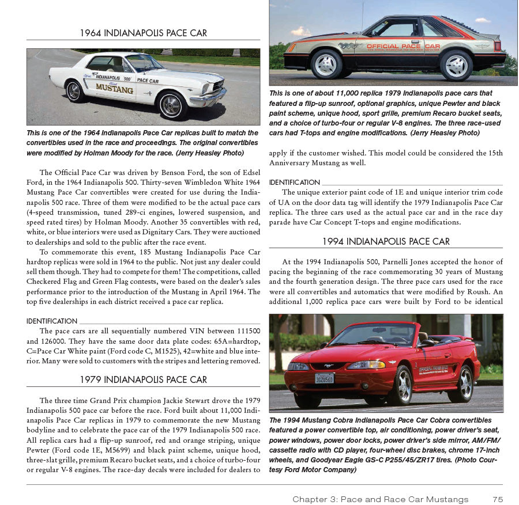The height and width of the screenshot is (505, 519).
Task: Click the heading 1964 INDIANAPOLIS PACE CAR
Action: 143,33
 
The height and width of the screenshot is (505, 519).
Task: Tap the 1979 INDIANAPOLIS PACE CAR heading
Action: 143,379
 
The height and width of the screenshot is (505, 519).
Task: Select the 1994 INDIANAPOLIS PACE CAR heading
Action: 386,241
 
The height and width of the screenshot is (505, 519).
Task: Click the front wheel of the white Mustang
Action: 172,105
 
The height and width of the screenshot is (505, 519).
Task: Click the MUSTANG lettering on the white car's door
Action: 114,89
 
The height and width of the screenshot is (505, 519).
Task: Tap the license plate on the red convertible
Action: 324,378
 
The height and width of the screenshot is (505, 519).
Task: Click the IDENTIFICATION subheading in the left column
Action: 52,321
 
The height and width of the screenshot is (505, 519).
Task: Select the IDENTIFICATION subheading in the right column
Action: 294,183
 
